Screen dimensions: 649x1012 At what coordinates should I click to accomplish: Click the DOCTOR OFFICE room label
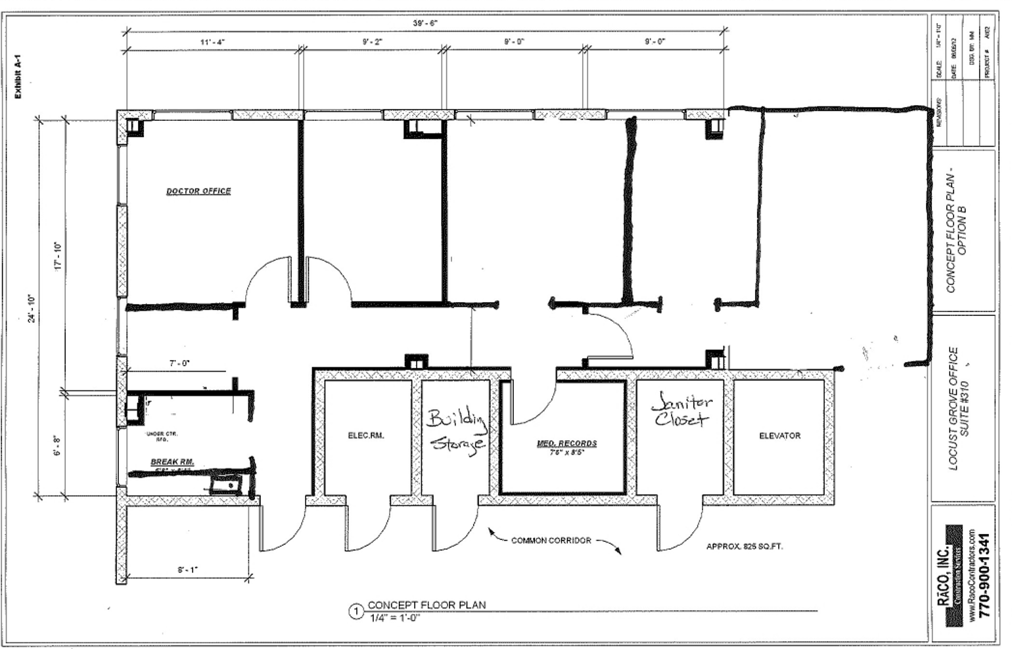pos(198,191)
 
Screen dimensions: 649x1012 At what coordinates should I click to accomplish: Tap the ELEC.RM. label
pos(366,436)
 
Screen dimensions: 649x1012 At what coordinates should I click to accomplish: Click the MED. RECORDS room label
pos(566,444)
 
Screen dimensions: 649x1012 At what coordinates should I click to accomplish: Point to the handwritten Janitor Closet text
pos(681,410)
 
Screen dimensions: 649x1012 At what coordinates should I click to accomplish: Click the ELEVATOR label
pos(779,436)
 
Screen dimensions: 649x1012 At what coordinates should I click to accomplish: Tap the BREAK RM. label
pos(172,462)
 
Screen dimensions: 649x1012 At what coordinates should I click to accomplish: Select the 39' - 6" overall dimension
pos(425,23)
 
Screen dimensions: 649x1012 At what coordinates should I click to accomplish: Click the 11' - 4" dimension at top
pos(212,41)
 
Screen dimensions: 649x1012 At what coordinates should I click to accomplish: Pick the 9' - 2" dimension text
pos(372,41)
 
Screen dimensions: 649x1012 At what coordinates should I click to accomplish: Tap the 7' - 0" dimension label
pos(179,363)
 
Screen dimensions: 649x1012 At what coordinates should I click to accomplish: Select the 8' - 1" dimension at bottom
pos(187,570)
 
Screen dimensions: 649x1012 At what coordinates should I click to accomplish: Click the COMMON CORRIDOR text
pos(551,541)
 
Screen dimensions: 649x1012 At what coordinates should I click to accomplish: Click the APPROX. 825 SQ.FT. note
pos(745,546)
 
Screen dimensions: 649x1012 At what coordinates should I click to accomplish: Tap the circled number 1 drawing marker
pos(356,612)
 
